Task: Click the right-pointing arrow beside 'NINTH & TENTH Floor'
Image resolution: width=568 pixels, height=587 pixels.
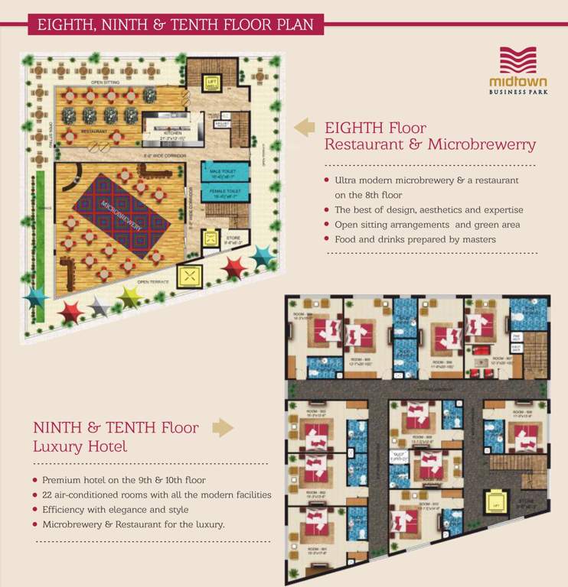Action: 222,428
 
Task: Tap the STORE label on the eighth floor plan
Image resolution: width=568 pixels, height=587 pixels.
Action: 232,238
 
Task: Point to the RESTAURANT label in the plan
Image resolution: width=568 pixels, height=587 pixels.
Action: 93,131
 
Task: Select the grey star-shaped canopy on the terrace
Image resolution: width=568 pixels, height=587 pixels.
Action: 100,306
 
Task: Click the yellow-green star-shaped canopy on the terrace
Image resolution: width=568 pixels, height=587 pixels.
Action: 129,297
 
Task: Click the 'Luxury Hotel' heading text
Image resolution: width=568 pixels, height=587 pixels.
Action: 80,446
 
